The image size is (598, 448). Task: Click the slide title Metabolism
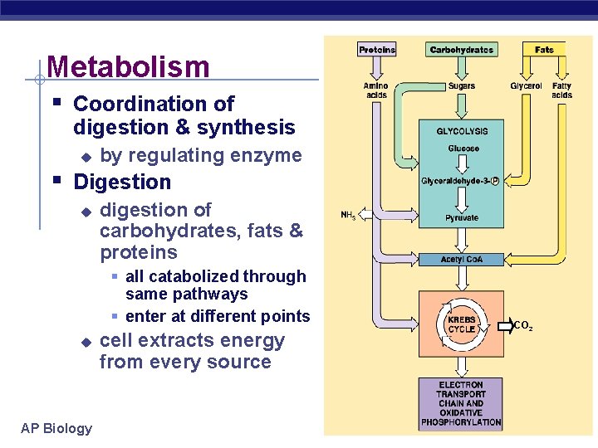pyautogui.click(x=128, y=66)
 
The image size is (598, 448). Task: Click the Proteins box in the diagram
pyautogui.click(x=377, y=50)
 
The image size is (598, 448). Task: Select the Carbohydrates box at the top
pyautogui.click(x=461, y=50)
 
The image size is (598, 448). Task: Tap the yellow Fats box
pyautogui.click(x=544, y=50)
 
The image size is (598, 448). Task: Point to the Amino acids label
pyautogui.click(x=376, y=90)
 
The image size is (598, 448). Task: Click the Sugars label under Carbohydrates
pyautogui.click(x=461, y=86)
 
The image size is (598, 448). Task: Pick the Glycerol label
pyautogui.click(x=526, y=86)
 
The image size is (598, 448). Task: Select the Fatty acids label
pyautogui.click(x=562, y=90)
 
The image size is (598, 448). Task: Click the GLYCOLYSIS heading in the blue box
pyautogui.click(x=462, y=131)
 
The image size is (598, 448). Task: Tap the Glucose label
pyautogui.click(x=463, y=149)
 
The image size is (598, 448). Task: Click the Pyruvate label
pyautogui.click(x=461, y=217)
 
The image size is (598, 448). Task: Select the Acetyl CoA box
pyautogui.click(x=461, y=260)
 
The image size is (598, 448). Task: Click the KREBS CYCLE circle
pyautogui.click(x=461, y=324)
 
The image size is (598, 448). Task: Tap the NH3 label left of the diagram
pyautogui.click(x=348, y=216)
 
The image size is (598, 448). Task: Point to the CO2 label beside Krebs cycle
pyautogui.click(x=523, y=326)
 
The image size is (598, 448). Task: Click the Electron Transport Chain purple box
pyautogui.click(x=461, y=404)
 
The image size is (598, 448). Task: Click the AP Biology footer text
pyautogui.click(x=56, y=428)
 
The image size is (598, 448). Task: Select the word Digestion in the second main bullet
pyautogui.click(x=122, y=182)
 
